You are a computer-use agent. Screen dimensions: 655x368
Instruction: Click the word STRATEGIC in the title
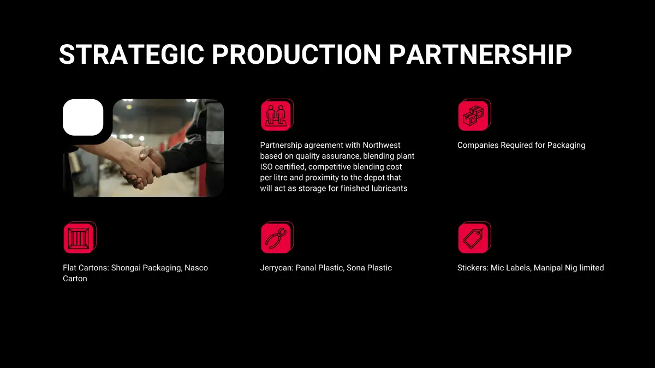132,55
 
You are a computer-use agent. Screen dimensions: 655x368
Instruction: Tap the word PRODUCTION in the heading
296,55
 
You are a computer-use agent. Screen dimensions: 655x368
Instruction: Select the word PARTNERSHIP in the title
480,55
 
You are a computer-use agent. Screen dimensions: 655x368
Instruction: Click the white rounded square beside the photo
83,117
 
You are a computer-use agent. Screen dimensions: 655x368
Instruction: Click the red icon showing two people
277,115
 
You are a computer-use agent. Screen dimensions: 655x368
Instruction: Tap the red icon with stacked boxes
474,115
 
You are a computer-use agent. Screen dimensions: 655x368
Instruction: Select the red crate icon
80,237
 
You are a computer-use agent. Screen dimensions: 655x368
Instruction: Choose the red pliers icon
277,237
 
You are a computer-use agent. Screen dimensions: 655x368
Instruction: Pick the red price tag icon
474,237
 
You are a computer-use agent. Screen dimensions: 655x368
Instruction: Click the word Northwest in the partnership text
382,145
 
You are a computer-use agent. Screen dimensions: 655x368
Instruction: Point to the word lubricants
389,189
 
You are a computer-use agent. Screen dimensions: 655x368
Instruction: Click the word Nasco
196,268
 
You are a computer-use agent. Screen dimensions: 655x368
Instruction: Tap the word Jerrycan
277,268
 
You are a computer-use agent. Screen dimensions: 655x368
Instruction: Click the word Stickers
473,268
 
